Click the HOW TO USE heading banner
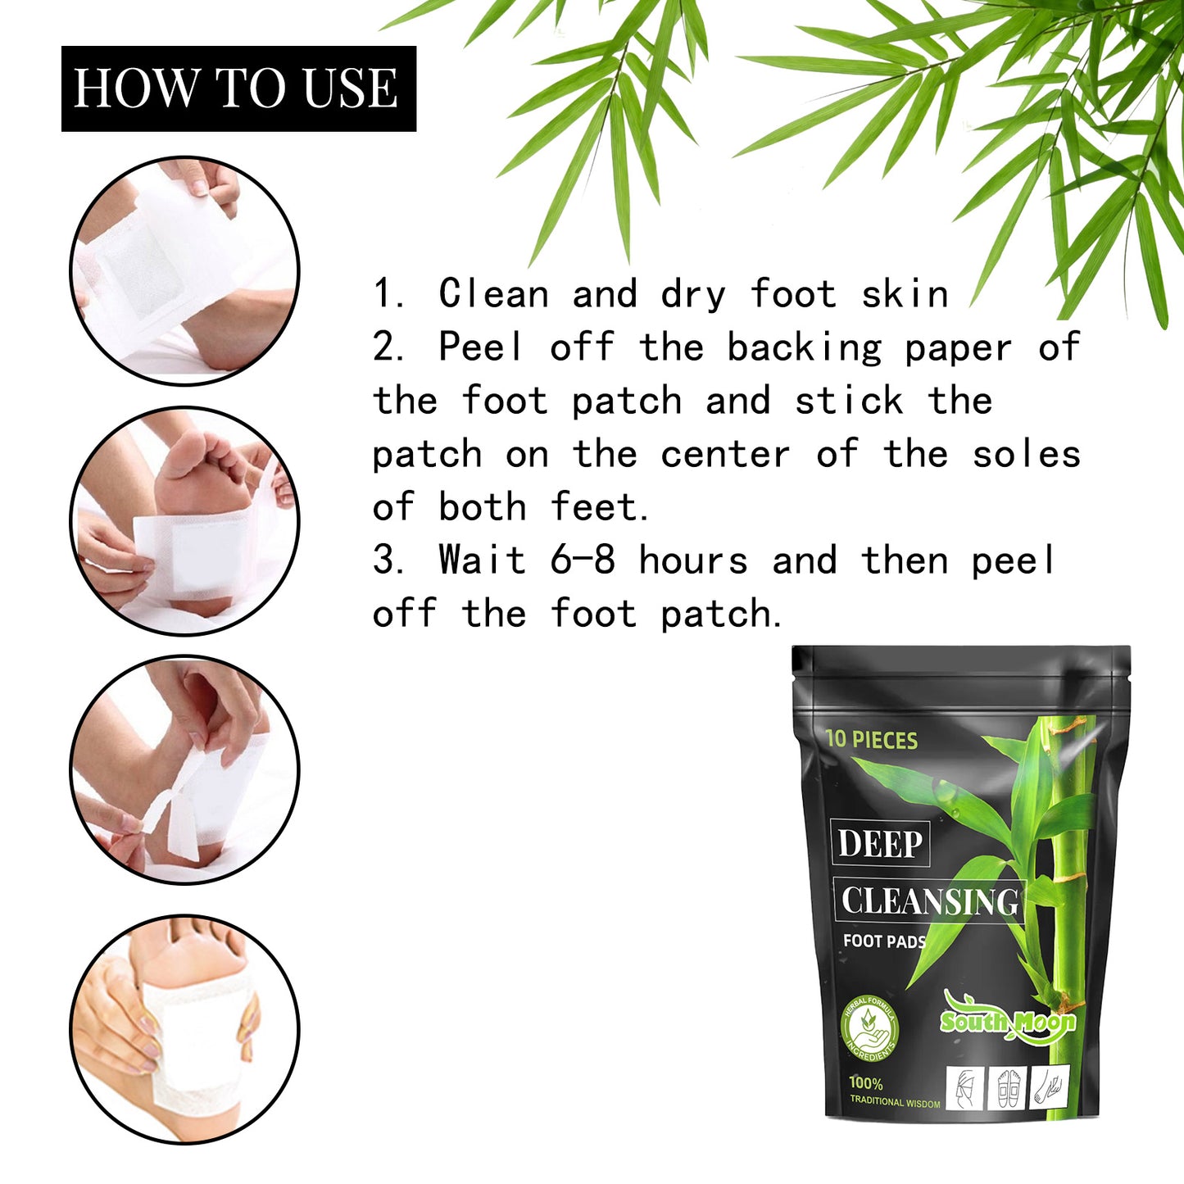[238, 88]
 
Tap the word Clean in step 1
[493, 294]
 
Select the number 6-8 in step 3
[583, 561]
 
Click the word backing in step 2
[804, 348]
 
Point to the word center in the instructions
[725, 455]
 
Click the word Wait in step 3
[482, 561]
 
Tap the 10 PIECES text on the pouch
[871, 740]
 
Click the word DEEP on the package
[881, 844]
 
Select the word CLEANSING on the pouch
[929, 901]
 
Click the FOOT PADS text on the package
[884, 941]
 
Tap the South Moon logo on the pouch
[1007, 1021]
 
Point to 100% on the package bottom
[865, 1083]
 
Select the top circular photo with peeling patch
[184, 271]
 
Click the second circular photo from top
[184, 521]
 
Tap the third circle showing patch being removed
[184, 770]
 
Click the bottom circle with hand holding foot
[184, 1029]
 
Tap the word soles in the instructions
[1026, 455]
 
